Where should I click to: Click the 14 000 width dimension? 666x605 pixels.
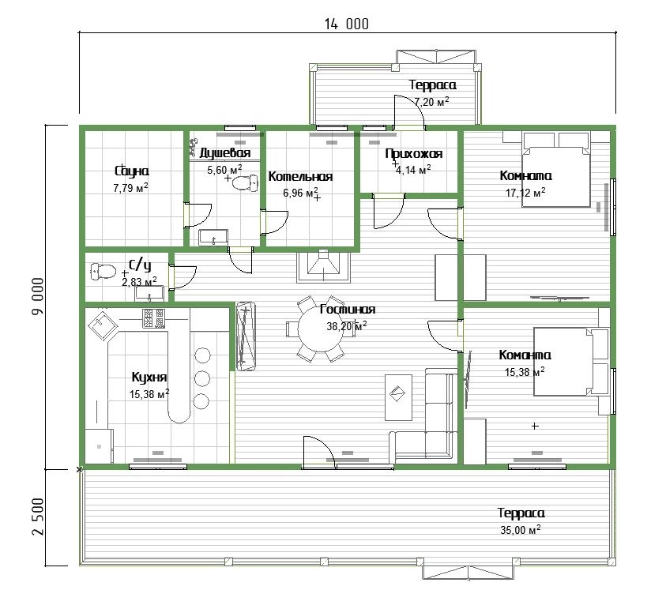click(347, 24)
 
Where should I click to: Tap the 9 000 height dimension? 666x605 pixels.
click(37, 296)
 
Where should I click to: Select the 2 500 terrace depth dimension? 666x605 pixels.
click(37, 517)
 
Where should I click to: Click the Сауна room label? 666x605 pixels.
click(132, 171)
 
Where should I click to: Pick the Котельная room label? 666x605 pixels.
click(300, 176)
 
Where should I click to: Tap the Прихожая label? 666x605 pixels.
click(414, 153)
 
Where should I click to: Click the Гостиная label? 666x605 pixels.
click(348, 309)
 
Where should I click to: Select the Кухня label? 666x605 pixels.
click(149, 377)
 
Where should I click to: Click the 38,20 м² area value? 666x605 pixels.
click(347, 326)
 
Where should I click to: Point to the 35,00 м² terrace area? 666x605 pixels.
click(521, 530)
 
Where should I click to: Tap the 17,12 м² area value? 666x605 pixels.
click(525, 193)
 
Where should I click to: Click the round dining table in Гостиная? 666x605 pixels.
click(320, 329)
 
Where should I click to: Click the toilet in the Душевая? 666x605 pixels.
click(246, 182)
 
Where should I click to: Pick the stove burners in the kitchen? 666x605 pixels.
click(154, 318)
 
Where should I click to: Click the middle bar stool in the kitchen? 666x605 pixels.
click(202, 378)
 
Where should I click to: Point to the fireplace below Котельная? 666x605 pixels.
click(324, 267)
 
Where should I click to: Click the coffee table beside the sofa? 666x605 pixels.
click(398, 397)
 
